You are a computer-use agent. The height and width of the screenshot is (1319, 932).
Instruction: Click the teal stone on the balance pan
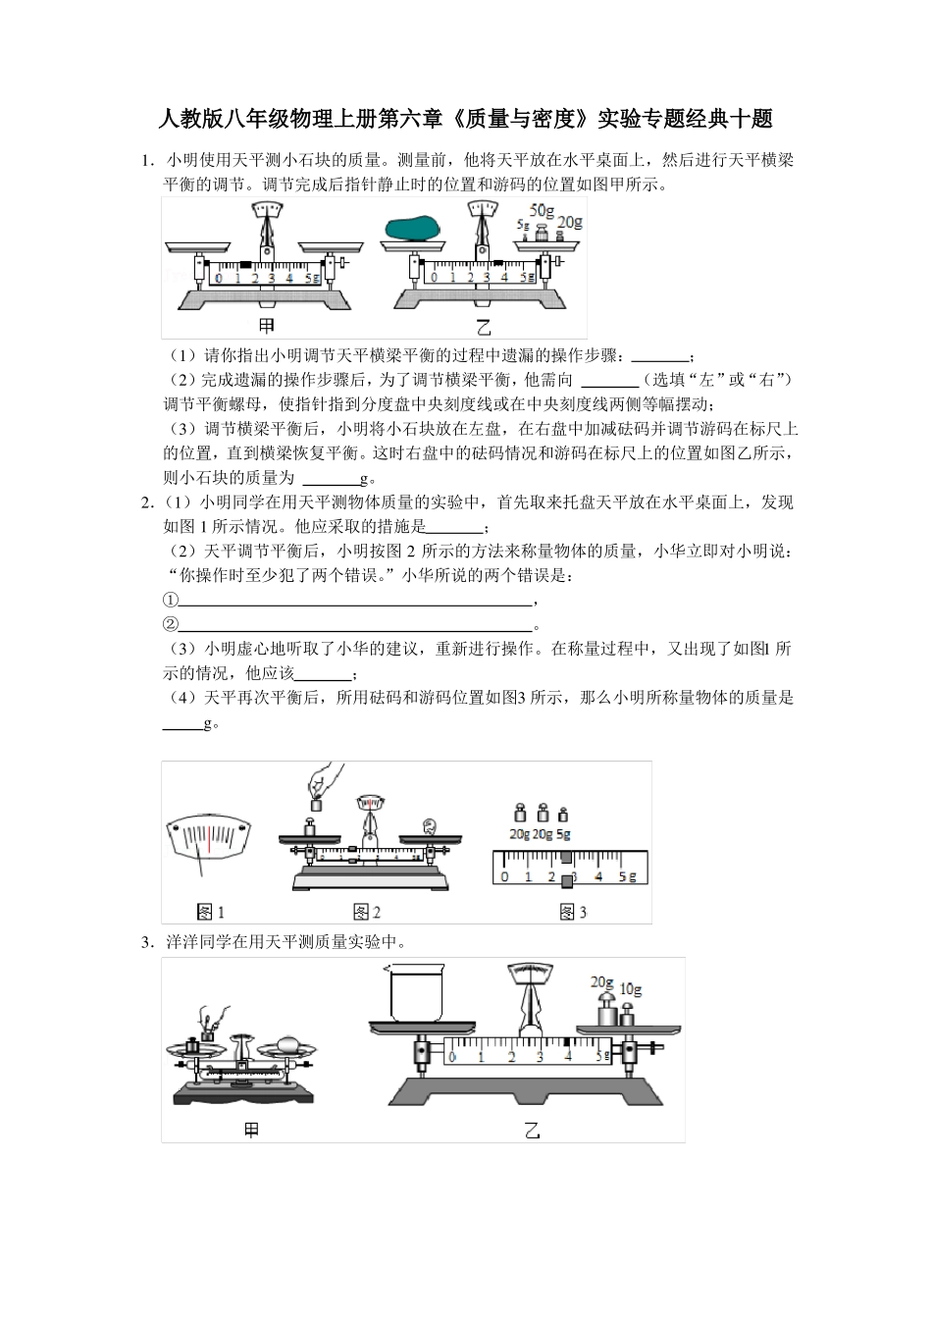[x=411, y=229]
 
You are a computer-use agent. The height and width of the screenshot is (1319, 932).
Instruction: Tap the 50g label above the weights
[x=543, y=210]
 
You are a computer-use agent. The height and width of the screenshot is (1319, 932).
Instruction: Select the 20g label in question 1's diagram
[x=570, y=223]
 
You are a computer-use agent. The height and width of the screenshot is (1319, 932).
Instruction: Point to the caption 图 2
[x=366, y=912]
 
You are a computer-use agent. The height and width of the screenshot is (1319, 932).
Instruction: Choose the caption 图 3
[x=573, y=912]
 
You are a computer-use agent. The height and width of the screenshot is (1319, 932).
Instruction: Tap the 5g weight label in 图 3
[x=563, y=834]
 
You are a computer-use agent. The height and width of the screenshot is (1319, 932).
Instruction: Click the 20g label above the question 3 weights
[x=602, y=981]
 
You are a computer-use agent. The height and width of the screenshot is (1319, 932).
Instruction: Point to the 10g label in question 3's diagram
[x=630, y=989]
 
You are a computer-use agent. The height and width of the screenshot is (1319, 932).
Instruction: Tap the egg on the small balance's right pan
[x=289, y=1043]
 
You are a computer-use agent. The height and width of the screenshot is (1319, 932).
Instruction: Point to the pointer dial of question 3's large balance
[x=530, y=973]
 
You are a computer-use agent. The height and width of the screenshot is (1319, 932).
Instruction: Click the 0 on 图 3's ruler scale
[x=504, y=876]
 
